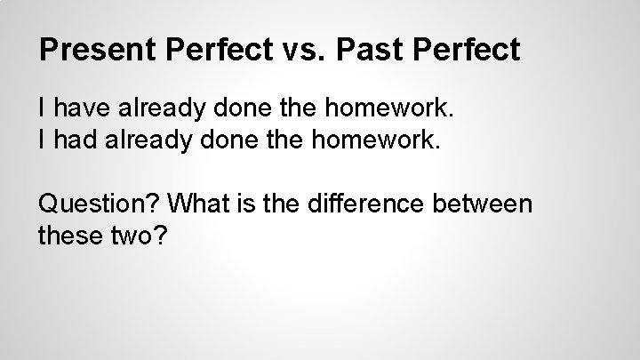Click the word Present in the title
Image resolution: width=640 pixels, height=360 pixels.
(x=96, y=50)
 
